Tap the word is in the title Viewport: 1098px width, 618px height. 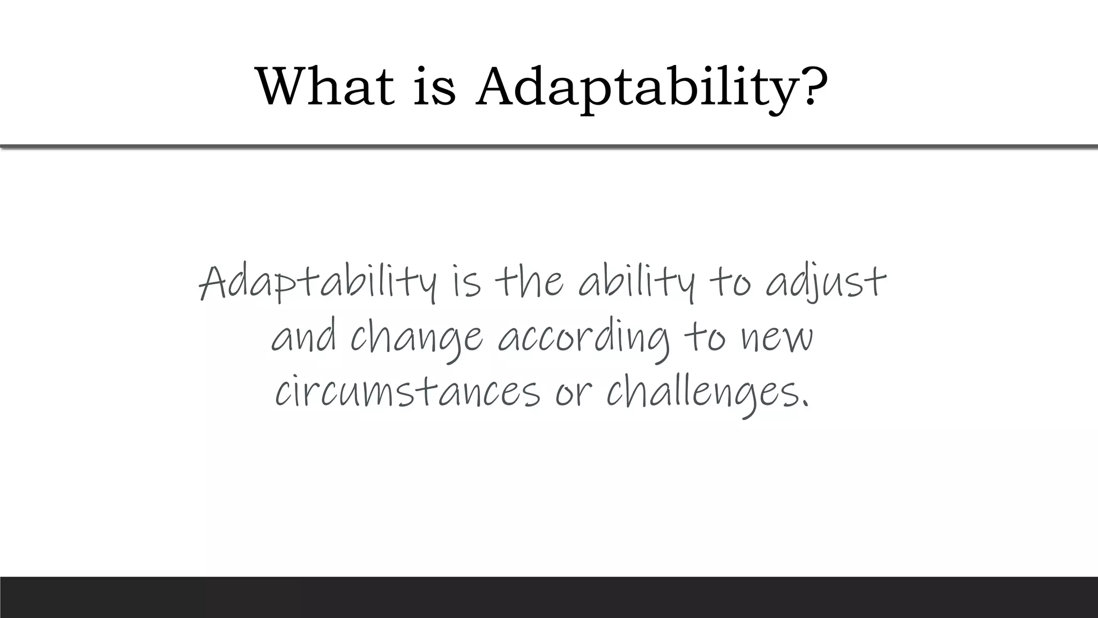[435, 86]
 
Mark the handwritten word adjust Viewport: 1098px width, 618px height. [826, 283]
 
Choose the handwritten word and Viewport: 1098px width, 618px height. [304, 338]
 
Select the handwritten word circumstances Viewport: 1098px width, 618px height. [407, 391]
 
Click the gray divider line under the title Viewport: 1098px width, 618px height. [549, 146]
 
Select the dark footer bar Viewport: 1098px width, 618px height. [549, 597]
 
